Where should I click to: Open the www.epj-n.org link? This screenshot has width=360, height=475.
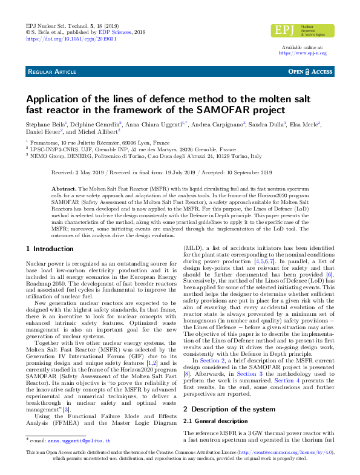click(303, 53)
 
